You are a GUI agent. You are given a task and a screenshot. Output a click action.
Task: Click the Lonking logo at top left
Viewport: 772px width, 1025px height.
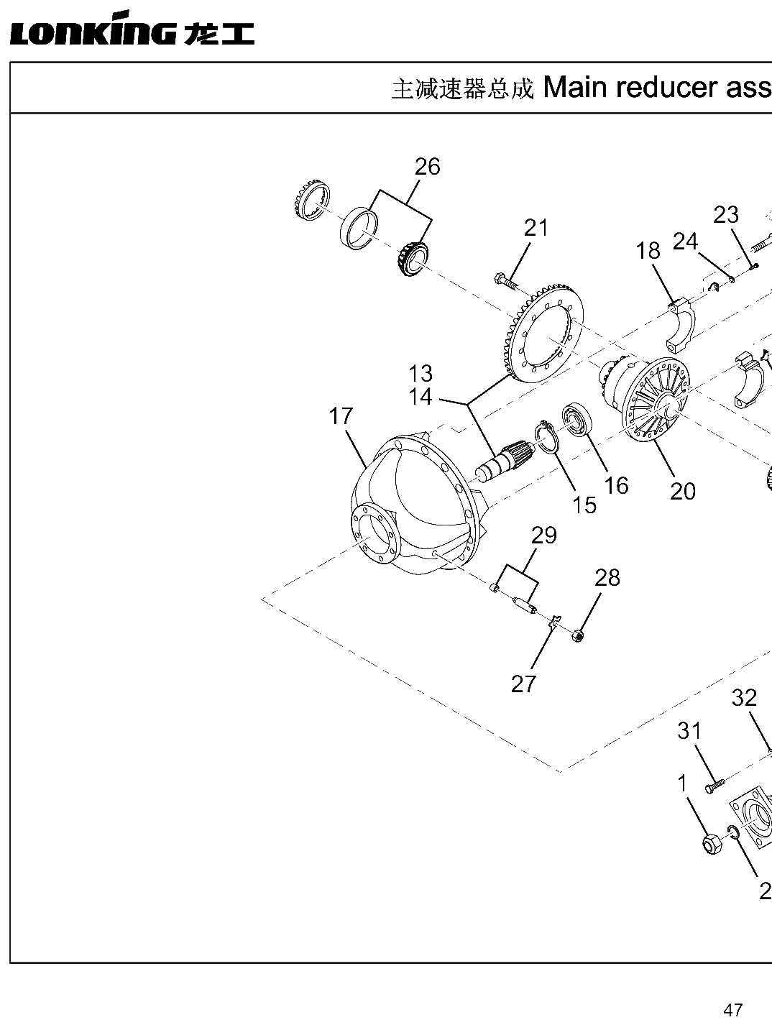[x=132, y=29]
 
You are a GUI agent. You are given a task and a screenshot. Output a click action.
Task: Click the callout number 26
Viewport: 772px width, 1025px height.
[x=428, y=167]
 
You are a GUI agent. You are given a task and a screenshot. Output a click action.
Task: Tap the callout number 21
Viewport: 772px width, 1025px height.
[x=536, y=229]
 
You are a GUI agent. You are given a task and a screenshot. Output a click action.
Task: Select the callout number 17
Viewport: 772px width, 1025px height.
[x=341, y=416]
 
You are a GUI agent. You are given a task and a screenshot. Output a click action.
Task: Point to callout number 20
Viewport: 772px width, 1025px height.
[x=683, y=491]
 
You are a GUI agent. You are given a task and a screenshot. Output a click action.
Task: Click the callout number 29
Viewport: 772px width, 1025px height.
[x=543, y=536]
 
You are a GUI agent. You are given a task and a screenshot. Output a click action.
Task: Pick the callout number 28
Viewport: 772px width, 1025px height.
[x=607, y=578]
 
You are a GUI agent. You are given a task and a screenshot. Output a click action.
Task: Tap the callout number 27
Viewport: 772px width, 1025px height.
[x=523, y=684]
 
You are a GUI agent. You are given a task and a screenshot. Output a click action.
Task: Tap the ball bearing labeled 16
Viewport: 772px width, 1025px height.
[x=577, y=420]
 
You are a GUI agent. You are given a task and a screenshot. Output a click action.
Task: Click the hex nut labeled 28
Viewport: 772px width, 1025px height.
[x=578, y=635]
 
